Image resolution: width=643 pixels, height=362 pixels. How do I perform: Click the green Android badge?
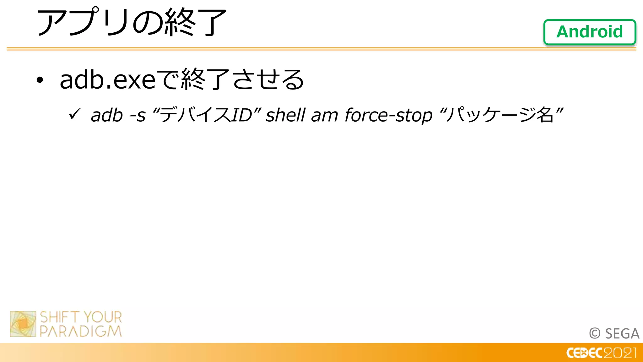[590, 32]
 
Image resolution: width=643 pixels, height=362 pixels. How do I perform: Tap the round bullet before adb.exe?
[40, 80]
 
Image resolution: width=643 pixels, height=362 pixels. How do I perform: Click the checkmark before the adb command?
[75, 114]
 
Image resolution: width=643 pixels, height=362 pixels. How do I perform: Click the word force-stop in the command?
[389, 115]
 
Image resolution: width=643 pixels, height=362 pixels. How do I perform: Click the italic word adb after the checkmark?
[106, 115]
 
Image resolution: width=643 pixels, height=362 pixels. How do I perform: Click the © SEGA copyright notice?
[614, 333]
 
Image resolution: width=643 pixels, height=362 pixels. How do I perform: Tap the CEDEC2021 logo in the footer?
[601, 353]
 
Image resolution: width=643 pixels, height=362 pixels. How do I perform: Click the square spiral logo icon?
[23, 324]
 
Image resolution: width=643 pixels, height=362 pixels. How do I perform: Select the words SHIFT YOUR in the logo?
[81, 317]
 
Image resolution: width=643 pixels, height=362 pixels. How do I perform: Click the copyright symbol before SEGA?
[595, 333]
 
